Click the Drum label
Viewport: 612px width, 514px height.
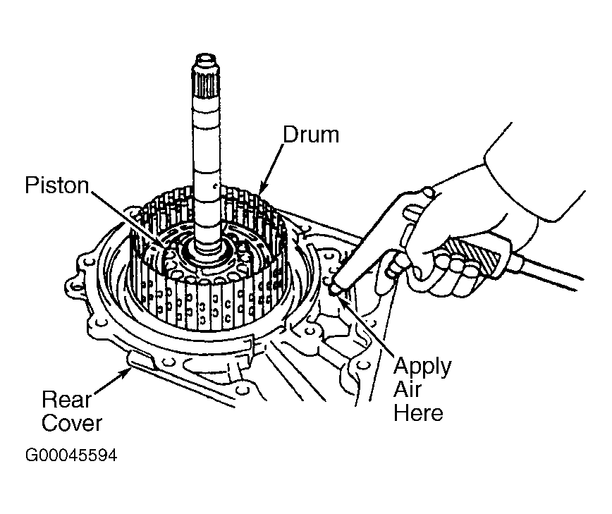tap(311, 135)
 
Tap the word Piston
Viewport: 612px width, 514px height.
tap(57, 185)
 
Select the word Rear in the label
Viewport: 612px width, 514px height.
tap(66, 399)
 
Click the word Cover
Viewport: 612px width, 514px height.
tap(72, 423)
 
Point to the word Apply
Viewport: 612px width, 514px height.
tap(422, 367)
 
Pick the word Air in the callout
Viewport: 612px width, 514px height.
tap(408, 388)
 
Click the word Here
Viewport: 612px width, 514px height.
tap(418, 412)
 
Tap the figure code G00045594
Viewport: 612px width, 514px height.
tap(71, 455)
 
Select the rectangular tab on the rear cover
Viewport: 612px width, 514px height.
tap(141, 359)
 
